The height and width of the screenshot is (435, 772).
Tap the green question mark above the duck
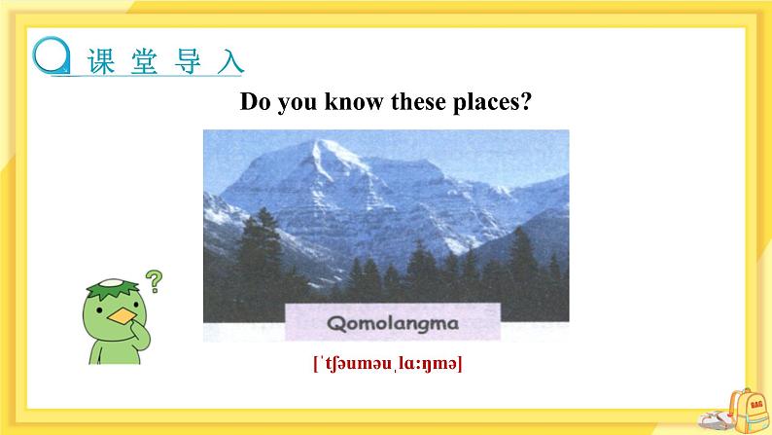pyautogui.click(x=154, y=281)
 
